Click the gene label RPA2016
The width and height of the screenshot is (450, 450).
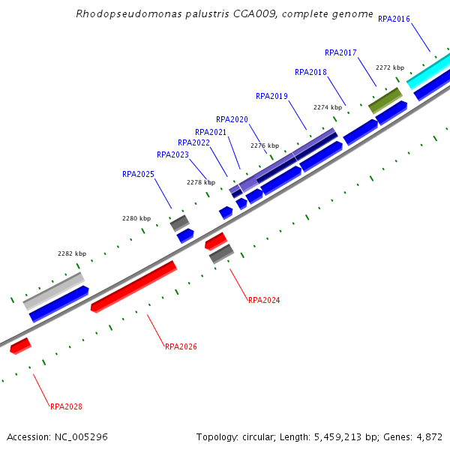coord(394,19)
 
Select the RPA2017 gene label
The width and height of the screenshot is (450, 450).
coord(340,52)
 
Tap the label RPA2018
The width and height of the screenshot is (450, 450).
coord(310,72)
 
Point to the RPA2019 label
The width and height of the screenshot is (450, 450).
coord(271,96)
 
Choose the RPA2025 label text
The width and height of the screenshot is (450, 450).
coord(138,174)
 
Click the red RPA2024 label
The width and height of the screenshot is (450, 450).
coord(264,300)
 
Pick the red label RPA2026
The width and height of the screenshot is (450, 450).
coord(181,346)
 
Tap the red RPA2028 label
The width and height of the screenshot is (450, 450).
coord(66,406)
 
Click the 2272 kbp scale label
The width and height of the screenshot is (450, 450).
coord(389,67)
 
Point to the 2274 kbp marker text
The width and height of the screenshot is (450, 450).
coord(327,107)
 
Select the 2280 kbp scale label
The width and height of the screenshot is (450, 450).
coord(136,218)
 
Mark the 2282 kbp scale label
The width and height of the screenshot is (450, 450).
coord(72,253)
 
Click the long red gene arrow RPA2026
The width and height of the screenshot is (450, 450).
coord(133,286)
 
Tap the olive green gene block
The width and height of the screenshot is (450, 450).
coord(385,100)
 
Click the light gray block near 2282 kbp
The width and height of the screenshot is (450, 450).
coord(53,292)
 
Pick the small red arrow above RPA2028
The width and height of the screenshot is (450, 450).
coord(20,346)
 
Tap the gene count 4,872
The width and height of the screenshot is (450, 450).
coord(428,436)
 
